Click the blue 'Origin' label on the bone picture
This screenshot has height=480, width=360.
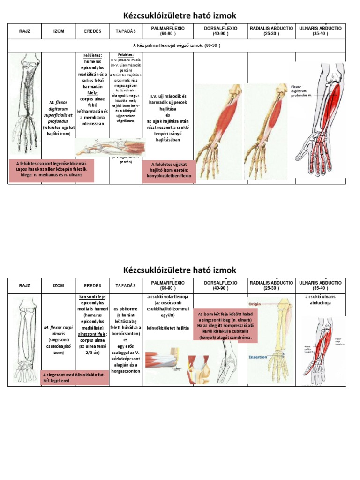tap(258, 303)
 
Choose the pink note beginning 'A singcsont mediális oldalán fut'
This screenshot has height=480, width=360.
tap(75, 378)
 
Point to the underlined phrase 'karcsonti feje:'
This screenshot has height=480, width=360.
tap(92, 297)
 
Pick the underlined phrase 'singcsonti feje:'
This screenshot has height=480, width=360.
tap(92, 334)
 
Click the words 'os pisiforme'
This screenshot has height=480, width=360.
tap(125, 308)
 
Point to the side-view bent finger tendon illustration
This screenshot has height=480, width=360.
tap(111, 148)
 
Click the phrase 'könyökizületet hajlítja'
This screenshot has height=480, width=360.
tap(167, 327)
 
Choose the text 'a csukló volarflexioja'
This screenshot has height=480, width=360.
tap(167, 297)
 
